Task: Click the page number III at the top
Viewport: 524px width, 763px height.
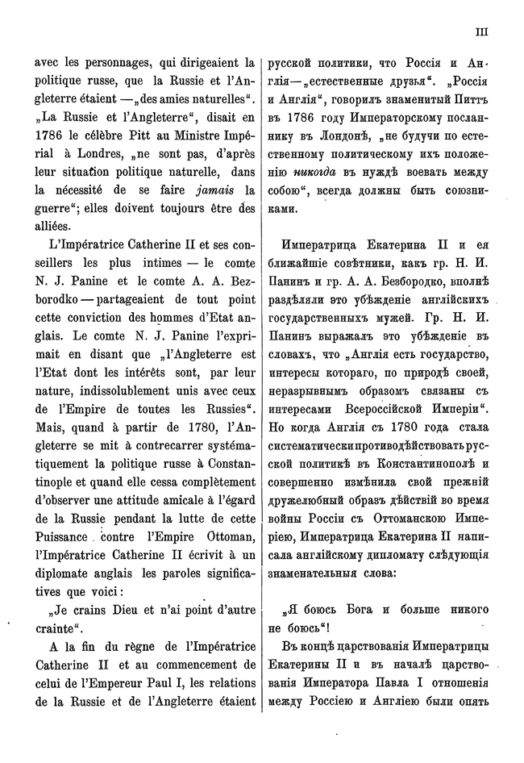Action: [481, 32]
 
